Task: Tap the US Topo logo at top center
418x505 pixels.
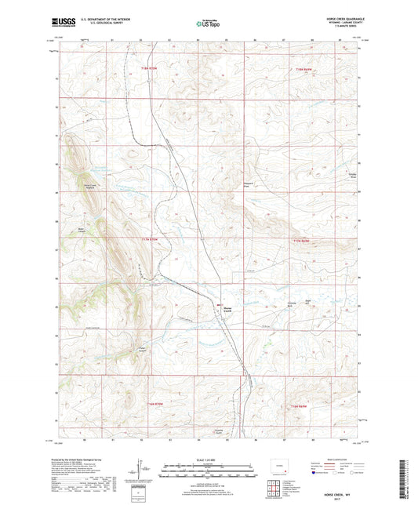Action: click(207, 23)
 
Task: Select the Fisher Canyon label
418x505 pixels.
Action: click(143, 350)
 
